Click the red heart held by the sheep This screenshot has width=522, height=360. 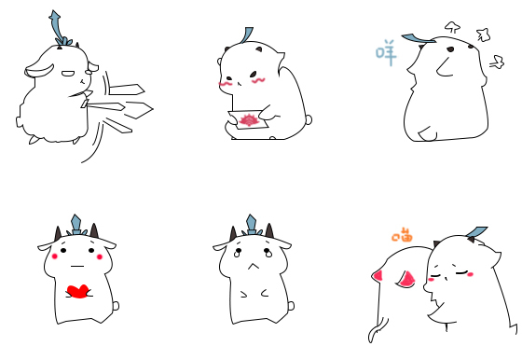[x=78, y=291]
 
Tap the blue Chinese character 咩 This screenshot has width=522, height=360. [x=386, y=52]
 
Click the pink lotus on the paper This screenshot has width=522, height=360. [x=248, y=120]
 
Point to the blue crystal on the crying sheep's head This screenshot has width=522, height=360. [x=252, y=224]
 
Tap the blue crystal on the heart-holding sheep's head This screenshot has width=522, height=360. [x=76, y=224]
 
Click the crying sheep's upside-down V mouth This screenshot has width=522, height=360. [x=253, y=266]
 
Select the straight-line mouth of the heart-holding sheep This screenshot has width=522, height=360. [x=76, y=266]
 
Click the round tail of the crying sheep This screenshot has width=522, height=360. [x=291, y=305]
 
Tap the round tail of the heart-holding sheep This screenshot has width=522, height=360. [x=116, y=305]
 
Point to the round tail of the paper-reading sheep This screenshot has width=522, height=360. [x=309, y=119]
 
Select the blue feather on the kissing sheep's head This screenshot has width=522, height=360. [x=476, y=232]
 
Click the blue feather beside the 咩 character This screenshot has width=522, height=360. [x=418, y=38]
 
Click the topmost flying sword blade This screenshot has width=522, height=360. [x=127, y=90]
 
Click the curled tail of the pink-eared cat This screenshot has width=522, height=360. [x=378, y=330]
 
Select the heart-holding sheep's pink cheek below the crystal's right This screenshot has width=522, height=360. [x=100, y=256]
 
